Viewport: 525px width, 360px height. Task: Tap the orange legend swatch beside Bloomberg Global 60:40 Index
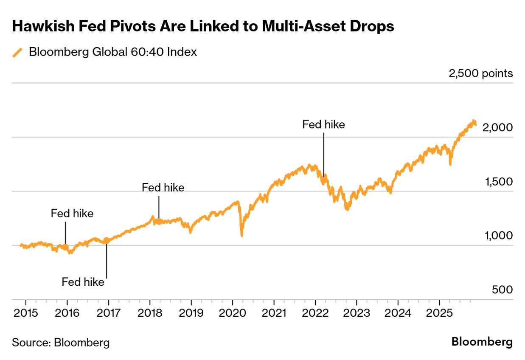pos(17,52)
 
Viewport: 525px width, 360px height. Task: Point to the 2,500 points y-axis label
pos(480,73)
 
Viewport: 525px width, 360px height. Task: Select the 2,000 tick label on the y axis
pos(498,127)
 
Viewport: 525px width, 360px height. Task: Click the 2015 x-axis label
pos(26,313)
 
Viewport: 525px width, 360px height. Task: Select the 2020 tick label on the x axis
pos(233,313)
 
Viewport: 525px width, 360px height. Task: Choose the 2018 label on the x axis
pos(150,313)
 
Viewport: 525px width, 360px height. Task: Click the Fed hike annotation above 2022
pos(323,125)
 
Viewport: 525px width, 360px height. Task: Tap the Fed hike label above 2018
pos(163,188)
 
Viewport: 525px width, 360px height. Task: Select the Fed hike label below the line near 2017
pos(83,282)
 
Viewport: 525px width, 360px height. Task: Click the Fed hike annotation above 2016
pos(72,214)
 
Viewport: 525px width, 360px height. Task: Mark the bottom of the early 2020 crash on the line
pos(241,235)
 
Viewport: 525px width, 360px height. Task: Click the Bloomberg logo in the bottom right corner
pos(482,342)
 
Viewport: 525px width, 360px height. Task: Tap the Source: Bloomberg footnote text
pos(61,343)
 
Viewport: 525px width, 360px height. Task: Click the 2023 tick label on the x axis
pos(357,313)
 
